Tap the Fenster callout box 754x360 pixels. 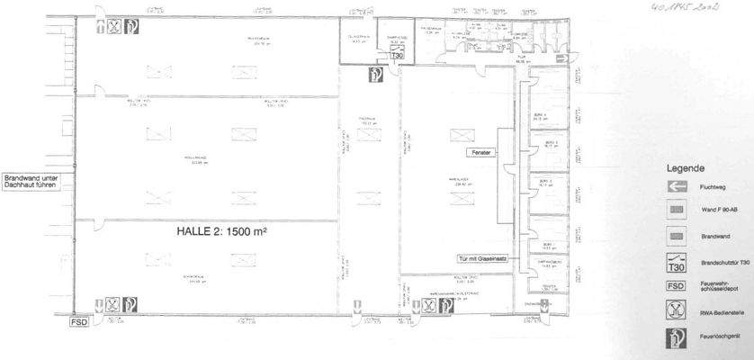[480, 154]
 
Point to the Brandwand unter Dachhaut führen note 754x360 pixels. [31, 181]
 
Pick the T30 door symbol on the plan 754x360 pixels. [396, 55]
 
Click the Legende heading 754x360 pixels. [686, 168]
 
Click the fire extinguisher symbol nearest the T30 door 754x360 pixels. [374, 74]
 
